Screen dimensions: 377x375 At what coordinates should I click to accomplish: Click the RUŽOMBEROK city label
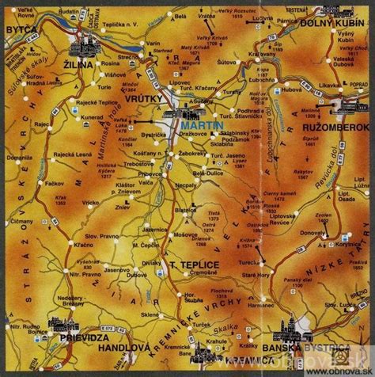340,127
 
